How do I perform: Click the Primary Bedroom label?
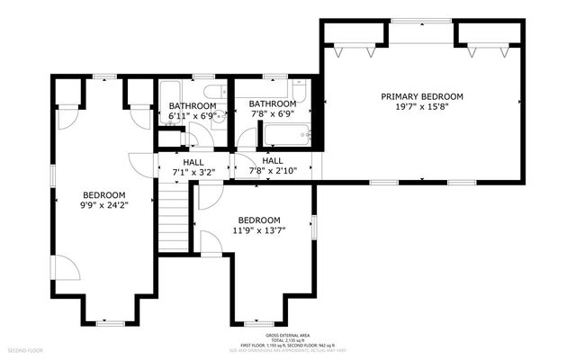(421, 96)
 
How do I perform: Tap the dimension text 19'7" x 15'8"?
(421, 106)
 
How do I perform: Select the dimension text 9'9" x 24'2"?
(104, 205)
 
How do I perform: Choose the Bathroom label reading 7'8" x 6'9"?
(273, 103)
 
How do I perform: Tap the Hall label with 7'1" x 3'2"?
(193, 162)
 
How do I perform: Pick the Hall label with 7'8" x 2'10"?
(273, 160)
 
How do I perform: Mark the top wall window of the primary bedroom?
(421, 22)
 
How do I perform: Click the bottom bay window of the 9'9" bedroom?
(110, 321)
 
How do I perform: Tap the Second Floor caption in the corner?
(25, 349)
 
